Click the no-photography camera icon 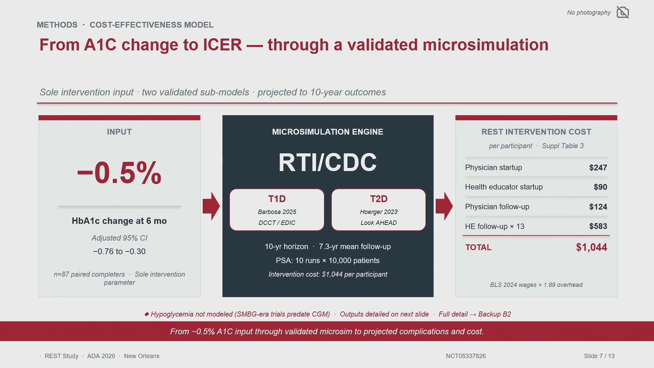point(623,12)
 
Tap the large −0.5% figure point(119,173)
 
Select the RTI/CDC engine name point(328,162)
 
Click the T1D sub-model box point(277,210)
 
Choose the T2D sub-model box point(378,210)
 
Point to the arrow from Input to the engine point(211,206)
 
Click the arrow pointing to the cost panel point(444,206)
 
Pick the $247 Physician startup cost point(598,168)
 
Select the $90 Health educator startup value point(600,187)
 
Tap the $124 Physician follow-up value point(598,207)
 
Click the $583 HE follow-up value point(598,226)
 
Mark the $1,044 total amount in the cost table point(591,247)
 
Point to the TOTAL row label point(478,247)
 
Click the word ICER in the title point(222,45)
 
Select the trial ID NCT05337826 point(466,356)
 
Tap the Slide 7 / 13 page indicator point(599,356)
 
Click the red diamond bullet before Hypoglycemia point(146,314)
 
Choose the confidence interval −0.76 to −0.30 point(119,251)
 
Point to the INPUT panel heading point(119,132)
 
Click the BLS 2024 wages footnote point(536,285)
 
